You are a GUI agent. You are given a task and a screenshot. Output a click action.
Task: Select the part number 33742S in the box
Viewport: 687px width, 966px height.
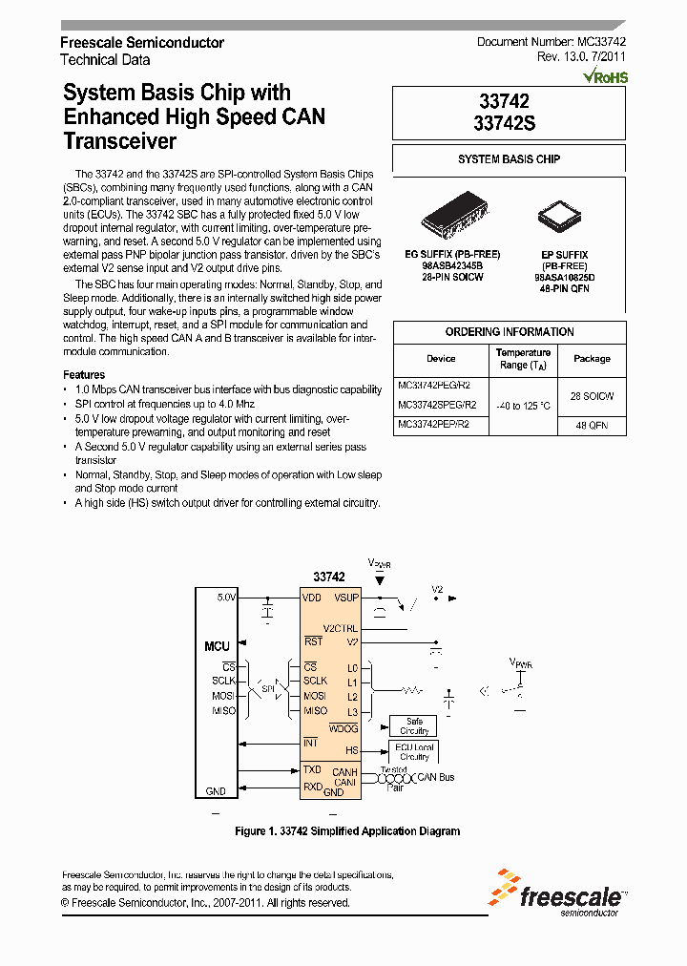tap(509, 122)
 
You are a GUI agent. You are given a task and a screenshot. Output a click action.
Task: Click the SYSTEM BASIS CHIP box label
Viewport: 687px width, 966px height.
tap(509, 159)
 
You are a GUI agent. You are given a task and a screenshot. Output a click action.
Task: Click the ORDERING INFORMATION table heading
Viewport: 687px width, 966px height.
tap(509, 332)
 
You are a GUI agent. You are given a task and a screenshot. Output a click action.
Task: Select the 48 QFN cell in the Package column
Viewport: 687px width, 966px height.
tap(592, 426)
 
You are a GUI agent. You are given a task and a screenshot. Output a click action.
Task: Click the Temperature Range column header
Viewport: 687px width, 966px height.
tap(524, 359)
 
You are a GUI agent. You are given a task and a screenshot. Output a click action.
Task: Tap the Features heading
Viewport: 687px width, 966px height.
tap(84, 375)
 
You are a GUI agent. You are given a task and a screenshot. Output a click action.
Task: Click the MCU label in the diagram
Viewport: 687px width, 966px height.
tap(218, 647)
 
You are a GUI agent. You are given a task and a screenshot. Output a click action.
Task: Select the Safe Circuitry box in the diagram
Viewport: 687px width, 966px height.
tap(414, 725)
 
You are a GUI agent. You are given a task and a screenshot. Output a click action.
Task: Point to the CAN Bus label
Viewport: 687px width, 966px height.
tap(436, 777)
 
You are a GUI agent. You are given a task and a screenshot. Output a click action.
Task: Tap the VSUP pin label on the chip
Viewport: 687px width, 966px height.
tap(345, 598)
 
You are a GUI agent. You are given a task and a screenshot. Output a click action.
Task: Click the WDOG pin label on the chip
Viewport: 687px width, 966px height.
tap(343, 728)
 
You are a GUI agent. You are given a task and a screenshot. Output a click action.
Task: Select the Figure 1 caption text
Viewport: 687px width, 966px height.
tap(347, 831)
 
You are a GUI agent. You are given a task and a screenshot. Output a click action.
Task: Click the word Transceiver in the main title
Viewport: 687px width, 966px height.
tap(119, 141)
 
